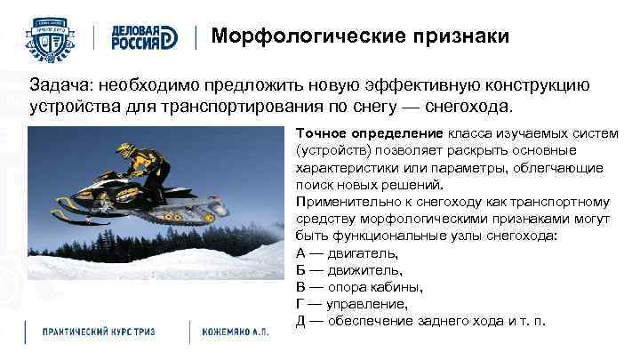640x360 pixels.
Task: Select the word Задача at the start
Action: pyautogui.click(x=60, y=88)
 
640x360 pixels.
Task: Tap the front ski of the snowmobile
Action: pyautogui.click(x=84, y=216)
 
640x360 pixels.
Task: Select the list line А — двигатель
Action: pyautogui.click(x=347, y=252)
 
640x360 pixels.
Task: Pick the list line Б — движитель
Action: pyautogui.click(x=348, y=269)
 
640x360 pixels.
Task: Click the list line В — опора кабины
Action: pyautogui.click(x=359, y=286)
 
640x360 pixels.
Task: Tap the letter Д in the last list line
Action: pyautogui.click(x=300, y=320)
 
